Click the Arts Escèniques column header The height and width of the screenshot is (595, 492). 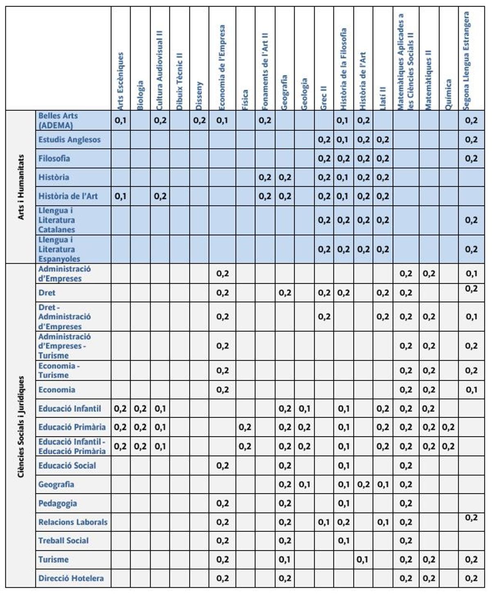click(120, 80)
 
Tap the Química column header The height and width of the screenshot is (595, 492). click(449, 94)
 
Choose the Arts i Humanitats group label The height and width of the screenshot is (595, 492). click(21, 187)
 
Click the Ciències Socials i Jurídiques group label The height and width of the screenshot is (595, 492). click(21, 426)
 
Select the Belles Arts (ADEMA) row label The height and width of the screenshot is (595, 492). click(58, 120)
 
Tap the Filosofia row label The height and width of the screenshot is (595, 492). click(54, 159)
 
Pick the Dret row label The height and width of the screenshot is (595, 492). click(47, 293)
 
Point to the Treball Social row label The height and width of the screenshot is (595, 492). click(63, 540)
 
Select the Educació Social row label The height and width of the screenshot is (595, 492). click(67, 466)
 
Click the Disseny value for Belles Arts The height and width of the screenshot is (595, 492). click(199, 120)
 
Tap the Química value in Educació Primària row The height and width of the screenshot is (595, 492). click(449, 427)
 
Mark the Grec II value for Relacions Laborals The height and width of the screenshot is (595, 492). click(324, 522)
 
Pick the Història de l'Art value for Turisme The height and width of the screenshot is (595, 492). click(363, 560)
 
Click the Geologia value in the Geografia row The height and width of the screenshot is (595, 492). click(304, 485)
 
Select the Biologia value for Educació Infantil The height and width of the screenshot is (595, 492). click(140, 409)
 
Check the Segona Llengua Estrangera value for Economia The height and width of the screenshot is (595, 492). click(471, 390)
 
